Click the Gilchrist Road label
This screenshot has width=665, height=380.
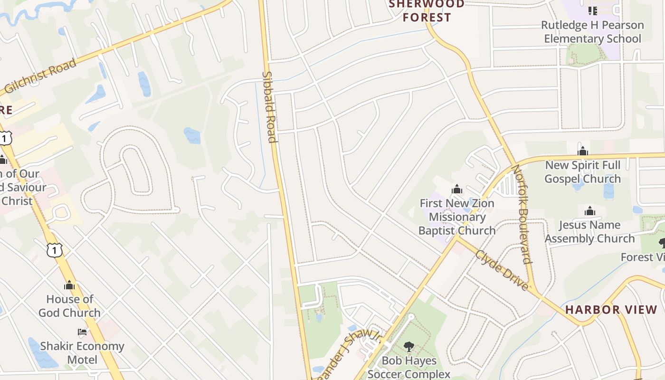pyautogui.click(x=40, y=76)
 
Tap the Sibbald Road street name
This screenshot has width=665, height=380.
pyautogui.click(x=269, y=107)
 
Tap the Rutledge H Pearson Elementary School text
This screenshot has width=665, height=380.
pyautogui.click(x=592, y=32)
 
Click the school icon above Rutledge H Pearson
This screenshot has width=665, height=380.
pyautogui.click(x=592, y=10)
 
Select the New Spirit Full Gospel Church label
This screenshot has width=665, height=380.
pyautogui.click(x=583, y=172)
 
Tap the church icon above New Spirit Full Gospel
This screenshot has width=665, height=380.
pyautogui.click(x=583, y=152)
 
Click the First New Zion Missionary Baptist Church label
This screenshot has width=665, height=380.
pyautogui.click(x=457, y=217)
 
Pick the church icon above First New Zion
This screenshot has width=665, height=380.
pyautogui.click(x=457, y=190)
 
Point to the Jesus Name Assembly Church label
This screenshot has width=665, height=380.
pyautogui.click(x=589, y=232)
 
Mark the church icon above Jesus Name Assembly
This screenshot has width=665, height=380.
pyautogui.click(x=589, y=211)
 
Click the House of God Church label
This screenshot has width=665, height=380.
pyautogui.click(x=69, y=306)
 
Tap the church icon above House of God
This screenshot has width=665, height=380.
pyautogui.click(x=69, y=285)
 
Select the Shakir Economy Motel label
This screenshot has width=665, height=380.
pyautogui.click(x=82, y=352)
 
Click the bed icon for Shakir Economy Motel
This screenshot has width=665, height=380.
pyautogui.click(x=82, y=332)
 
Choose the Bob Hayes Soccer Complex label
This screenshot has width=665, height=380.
pyautogui.click(x=409, y=367)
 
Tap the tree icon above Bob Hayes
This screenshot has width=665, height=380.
pyautogui.click(x=408, y=347)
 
